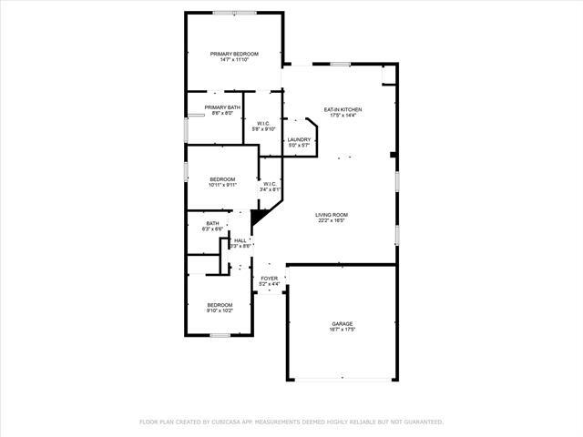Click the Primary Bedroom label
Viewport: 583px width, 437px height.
click(234, 54)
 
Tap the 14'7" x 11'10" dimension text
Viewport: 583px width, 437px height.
click(234, 60)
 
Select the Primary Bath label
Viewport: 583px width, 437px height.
click(222, 107)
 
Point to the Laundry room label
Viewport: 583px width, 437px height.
click(300, 139)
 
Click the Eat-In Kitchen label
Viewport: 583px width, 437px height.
click(343, 109)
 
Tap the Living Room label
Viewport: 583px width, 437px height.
click(333, 214)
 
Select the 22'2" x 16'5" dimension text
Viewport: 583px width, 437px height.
click(333, 220)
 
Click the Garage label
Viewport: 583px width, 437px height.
click(343, 323)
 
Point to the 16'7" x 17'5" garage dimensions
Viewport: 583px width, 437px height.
click(343, 330)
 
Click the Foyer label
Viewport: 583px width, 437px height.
click(269, 278)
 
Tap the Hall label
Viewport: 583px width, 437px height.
click(240, 240)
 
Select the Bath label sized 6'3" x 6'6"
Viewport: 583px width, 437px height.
click(212, 223)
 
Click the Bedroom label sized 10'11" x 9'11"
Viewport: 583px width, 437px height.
click(222, 178)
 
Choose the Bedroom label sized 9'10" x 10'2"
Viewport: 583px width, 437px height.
click(220, 305)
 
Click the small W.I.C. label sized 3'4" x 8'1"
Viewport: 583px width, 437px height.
click(271, 184)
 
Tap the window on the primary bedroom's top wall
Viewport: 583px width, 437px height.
click(233, 12)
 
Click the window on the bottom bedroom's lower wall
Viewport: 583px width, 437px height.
click(220, 335)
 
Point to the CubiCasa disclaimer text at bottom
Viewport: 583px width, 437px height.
click(291, 422)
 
